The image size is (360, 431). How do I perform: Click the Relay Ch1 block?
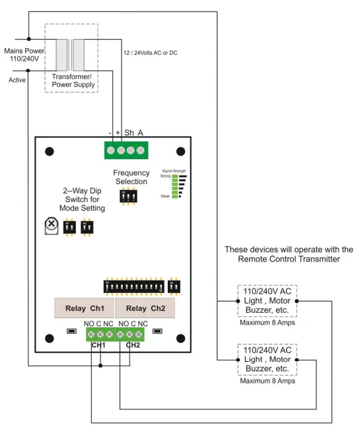pyautogui.click(x=84, y=308)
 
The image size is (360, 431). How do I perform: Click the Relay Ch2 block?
pyautogui.click(x=145, y=308)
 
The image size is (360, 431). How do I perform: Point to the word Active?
pyautogui.click(x=17, y=80)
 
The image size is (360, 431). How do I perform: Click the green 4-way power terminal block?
pyautogui.click(x=126, y=150)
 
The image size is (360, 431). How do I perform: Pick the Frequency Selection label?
pyautogui.click(x=131, y=177)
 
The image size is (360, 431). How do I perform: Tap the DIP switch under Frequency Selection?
pyautogui.click(x=129, y=197)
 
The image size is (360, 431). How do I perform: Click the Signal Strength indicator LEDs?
pyautogui.click(x=176, y=186)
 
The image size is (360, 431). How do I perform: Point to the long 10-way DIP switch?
pyautogui.click(x=135, y=288)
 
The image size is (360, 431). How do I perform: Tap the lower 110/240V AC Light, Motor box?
pyautogui.click(x=268, y=360)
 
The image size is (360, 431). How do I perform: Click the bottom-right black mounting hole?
pyautogui.click(x=180, y=339)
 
